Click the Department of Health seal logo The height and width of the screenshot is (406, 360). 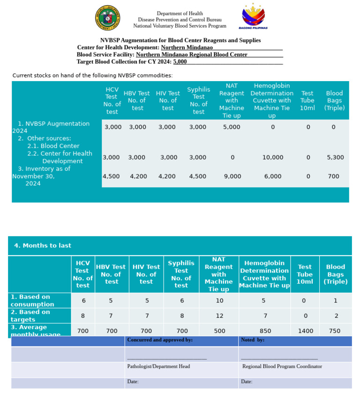(x=107, y=18)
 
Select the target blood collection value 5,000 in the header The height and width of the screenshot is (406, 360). (x=180, y=61)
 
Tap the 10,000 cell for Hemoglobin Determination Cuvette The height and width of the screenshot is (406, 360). (x=272, y=158)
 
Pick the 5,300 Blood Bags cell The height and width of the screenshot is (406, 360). (x=335, y=158)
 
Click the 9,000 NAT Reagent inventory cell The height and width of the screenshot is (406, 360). (x=232, y=176)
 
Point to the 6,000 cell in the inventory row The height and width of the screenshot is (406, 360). (x=272, y=176)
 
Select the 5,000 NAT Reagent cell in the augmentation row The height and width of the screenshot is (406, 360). (x=232, y=127)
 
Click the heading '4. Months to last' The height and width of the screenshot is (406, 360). (x=43, y=246)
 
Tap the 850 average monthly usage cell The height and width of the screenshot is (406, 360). (x=265, y=331)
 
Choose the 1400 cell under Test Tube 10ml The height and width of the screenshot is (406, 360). (x=306, y=331)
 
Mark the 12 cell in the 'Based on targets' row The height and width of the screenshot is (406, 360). (x=219, y=316)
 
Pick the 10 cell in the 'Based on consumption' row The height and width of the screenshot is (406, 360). (x=219, y=301)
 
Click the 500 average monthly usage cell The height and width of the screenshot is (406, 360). (x=219, y=331)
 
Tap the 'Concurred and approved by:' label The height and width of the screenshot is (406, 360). (x=160, y=340)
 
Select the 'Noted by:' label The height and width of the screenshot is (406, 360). (x=253, y=340)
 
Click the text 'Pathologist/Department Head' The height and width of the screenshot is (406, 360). (x=158, y=366)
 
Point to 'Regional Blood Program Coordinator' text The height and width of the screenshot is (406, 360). (x=282, y=366)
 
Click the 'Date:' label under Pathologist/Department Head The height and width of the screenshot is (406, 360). (x=133, y=382)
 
